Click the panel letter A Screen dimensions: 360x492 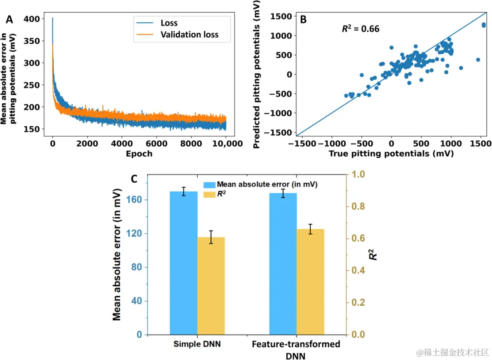[x=9, y=20]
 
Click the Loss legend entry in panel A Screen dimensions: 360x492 [x=169, y=23]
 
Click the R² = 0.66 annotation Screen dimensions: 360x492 [x=361, y=29]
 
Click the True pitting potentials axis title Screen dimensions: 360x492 [x=391, y=154]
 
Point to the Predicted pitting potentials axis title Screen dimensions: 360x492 [x=257, y=74]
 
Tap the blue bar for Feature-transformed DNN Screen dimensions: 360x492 [x=283, y=264]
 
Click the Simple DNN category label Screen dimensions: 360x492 [x=197, y=344]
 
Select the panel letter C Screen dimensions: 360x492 [x=134, y=179]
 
